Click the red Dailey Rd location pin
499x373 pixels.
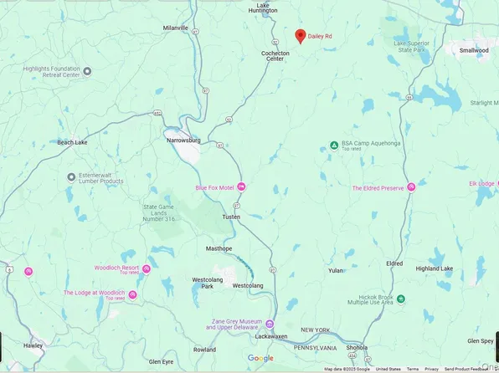(301, 35)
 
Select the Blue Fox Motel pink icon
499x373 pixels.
(242, 186)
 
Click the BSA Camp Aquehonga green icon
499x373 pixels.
(334, 145)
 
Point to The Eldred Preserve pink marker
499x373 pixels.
(411, 187)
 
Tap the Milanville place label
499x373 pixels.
(176, 28)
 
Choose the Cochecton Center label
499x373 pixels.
(275, 56)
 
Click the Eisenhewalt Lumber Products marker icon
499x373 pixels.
(71, 176)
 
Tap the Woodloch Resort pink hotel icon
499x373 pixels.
(147, 268)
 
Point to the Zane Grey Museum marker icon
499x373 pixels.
(270, 323)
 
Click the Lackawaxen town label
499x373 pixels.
(271, 335)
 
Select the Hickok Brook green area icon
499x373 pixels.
(400, 299)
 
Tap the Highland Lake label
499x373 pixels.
(435, 268)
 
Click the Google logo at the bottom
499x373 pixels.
(260, 358)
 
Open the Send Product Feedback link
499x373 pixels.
(472, 369)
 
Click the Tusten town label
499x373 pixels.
(230, 217)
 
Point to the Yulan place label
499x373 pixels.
(336, 270)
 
